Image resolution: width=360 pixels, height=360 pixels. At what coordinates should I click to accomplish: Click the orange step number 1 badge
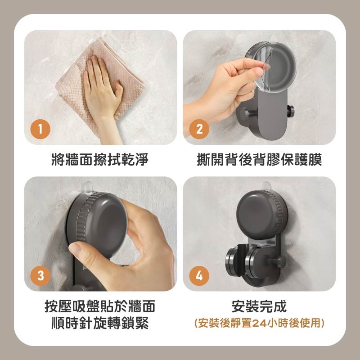pos(40,130)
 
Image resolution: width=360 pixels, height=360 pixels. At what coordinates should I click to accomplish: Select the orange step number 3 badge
pos(40,276)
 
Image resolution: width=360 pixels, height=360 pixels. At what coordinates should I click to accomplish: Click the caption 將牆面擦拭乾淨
pos(100,159)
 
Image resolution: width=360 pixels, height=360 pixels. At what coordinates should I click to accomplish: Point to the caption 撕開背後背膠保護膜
pos(259,159)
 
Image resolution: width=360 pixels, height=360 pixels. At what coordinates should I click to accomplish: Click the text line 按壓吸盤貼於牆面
pos(100,307)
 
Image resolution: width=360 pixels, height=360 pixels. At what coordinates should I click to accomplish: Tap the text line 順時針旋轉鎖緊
pos(100,323)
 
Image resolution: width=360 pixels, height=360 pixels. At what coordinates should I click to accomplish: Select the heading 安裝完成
pos(259,307)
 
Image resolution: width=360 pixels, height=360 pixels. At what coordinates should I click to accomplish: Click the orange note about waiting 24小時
pos(259,323)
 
